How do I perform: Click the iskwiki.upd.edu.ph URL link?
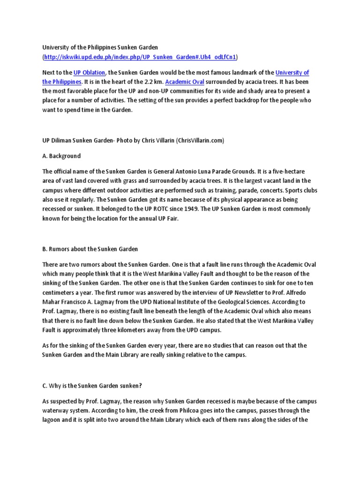(x=141, y=57)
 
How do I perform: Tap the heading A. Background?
(x=61, y=156)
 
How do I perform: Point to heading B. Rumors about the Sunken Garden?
(x=90, y=248)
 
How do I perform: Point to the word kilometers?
(x=139, y=330)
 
